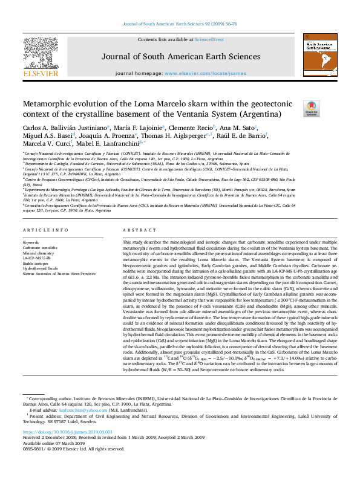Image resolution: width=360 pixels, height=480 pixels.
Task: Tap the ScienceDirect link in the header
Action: click(209, 39)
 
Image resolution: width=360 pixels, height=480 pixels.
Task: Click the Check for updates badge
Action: click(311, 109)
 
